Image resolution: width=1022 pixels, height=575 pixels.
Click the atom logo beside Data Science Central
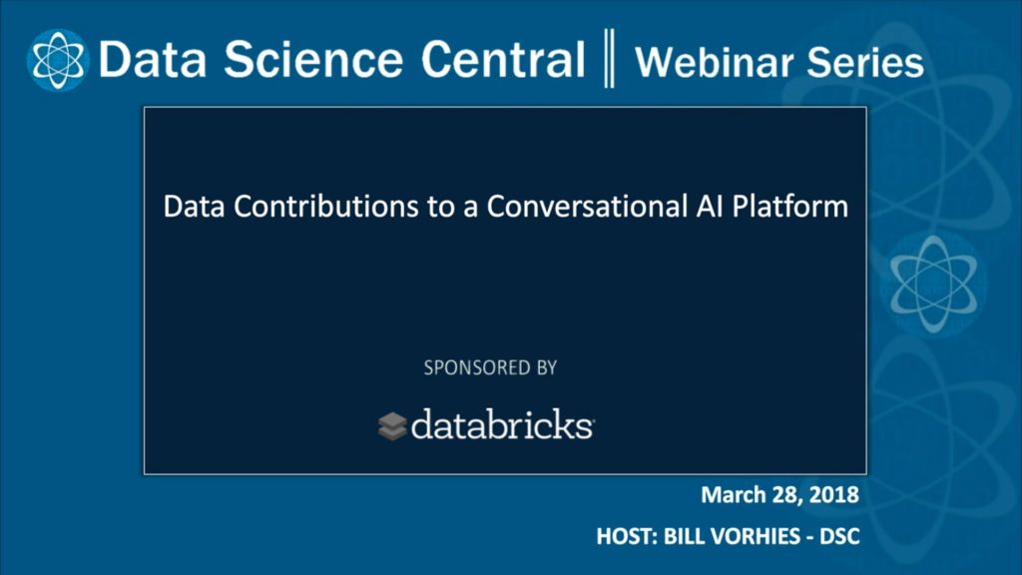click(x=58, y=59)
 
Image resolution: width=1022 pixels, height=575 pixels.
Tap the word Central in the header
click(x=503, y=59)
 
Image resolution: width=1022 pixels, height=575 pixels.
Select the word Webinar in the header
click(x=715, y=63)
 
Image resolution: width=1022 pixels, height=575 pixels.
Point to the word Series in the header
click(x=865, y=63)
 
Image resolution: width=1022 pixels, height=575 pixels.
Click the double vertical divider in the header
click(x=610, y=58)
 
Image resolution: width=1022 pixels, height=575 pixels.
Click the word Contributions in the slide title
click(x=326, y=206)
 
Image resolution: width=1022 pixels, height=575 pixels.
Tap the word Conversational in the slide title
click(x=587, y=206)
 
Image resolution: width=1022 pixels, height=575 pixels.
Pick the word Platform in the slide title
click(x=790, y=207)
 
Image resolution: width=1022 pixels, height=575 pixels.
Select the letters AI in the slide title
click(x=710, y=206)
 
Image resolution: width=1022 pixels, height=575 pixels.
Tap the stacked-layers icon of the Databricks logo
click(x=392, y=426)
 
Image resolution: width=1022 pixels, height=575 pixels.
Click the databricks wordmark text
click(x=502, y=424)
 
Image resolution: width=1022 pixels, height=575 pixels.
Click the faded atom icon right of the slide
click(x=934, y=284)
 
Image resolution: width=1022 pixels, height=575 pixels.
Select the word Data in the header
click(x=153, y=59)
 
